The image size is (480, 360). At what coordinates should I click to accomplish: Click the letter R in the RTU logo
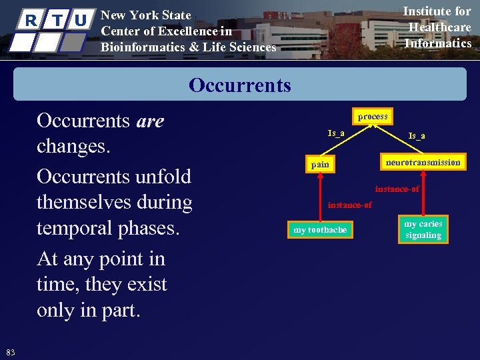pos(30,21)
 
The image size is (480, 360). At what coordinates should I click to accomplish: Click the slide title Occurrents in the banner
pos(240,85)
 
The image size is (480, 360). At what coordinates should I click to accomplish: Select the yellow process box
pos(372,117)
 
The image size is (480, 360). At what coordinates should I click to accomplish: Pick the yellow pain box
pos(320,164)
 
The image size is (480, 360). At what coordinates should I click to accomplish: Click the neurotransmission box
pos(423,162)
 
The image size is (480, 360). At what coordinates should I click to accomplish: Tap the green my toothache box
pos(320,230)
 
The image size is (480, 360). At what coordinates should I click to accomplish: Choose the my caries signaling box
pos(423,229)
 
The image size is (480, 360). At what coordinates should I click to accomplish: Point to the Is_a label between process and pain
pos(336,133)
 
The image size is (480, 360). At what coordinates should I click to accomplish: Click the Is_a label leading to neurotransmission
pos(417,136)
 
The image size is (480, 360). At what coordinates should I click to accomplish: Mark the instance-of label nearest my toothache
pos(349,205)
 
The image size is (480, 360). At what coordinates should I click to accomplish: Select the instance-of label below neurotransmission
pos(397,189)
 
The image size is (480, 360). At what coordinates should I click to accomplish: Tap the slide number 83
pos(10,352)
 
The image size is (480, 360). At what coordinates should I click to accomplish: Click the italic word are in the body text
pos(150,121)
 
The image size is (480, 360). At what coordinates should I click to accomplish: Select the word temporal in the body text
pos(72,228)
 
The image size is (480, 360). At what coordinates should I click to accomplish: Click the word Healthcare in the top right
pos(439,27)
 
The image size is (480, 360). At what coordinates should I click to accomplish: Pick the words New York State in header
pos(145,15)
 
